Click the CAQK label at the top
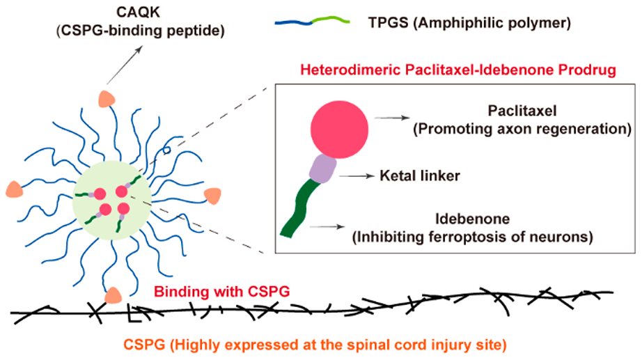pos(138,11)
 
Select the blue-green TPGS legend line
pos(313,21)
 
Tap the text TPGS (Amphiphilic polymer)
pos(469,23)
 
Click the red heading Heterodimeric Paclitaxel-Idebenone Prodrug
pos(458,70)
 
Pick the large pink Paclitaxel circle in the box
pos(339,130)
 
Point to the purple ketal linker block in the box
pos(323,169)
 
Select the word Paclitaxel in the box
pos(522,111)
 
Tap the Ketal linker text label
pos(420,175)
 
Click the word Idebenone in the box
pos(473,219)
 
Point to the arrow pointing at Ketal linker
pos(357,176)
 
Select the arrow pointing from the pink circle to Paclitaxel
pos(392,118)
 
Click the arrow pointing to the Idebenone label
pos(327,226)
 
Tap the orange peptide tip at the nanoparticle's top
pos(107,99)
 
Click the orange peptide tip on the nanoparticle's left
pos(15,189)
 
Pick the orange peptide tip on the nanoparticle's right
pos(212,196)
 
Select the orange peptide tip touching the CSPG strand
pos(113,295)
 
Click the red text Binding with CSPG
pos(222,292)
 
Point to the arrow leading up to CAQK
pos(124,65)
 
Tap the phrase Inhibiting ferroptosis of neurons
pos(473,237)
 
